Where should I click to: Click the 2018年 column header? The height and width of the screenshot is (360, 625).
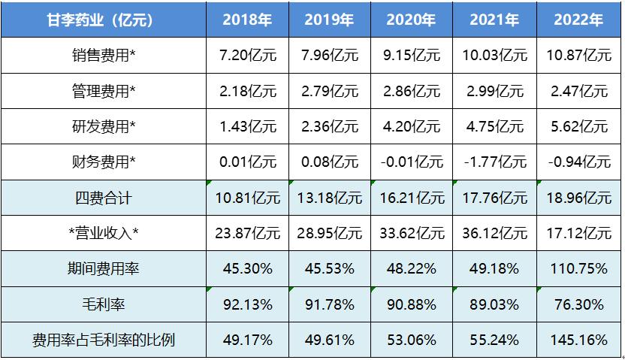[x=247, y=20]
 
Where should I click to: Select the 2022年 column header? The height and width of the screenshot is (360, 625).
[x=578, y=20]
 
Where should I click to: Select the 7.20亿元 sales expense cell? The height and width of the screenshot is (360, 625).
[x=247, y=56]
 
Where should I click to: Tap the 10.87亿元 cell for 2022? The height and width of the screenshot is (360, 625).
[x=578, y=56]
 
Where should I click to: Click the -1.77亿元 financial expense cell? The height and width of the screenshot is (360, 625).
[x=495, y=162]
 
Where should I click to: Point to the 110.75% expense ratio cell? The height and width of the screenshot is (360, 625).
[x=578, y=269]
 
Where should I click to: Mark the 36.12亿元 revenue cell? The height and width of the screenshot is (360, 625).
[x=495, y=234]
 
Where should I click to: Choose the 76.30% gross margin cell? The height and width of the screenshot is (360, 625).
[x=578, y=304]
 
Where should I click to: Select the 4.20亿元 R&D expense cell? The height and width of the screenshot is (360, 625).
[x=412, y=127]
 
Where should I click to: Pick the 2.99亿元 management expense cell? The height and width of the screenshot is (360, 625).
[x=495, y=91]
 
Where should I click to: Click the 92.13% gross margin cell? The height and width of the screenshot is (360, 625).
[x=247, y=304]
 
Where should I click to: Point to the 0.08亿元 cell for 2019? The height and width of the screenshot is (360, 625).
[x=330, y=162]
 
